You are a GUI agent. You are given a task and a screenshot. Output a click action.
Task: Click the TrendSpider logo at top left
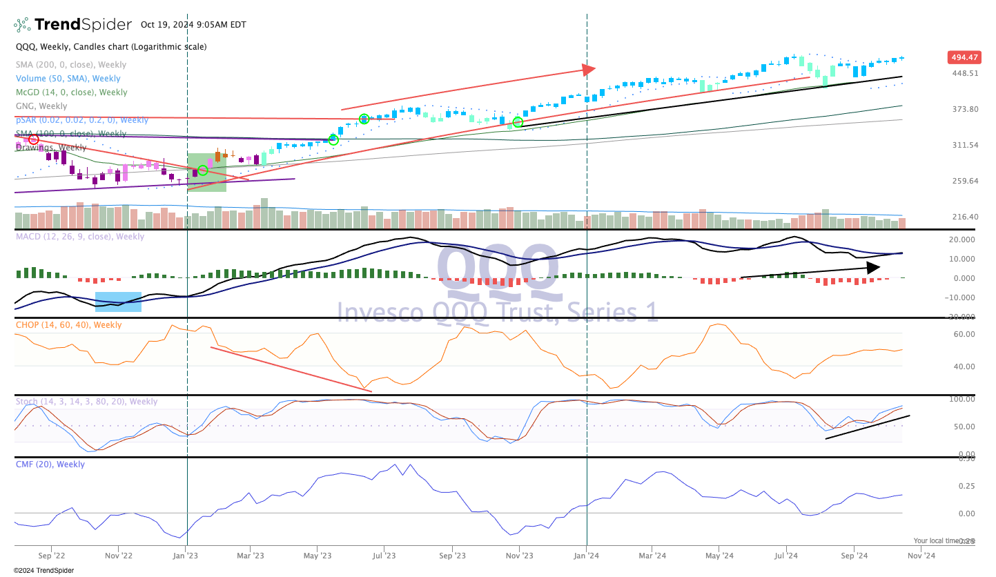tap(72, 25)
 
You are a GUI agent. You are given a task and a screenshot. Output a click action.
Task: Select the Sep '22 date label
tap(51, 555)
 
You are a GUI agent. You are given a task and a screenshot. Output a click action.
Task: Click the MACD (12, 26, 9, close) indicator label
tap(80, 237)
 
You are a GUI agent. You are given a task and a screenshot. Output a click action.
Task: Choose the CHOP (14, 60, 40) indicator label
tap(68, 325)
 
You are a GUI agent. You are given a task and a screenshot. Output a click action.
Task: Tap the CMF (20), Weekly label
tap(50, 464)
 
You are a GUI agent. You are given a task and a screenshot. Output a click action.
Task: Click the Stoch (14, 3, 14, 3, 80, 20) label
tap(86, 402)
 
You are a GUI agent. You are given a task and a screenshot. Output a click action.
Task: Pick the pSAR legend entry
tap(82, 120)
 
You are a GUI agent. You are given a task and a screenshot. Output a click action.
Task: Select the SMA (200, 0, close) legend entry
tap(71, 65)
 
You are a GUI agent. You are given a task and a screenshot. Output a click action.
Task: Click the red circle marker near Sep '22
tap(33, 139)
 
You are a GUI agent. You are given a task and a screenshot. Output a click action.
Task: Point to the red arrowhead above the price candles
tap(588, 69)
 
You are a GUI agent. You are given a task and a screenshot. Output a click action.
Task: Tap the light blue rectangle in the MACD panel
tap(118, 302)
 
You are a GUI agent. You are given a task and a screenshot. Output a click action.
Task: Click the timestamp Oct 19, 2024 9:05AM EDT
tap(193, 25)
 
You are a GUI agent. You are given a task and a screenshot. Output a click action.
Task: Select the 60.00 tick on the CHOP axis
tap(964, 334)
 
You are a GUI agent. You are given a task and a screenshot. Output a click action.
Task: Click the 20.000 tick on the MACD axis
tap(961, 239)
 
